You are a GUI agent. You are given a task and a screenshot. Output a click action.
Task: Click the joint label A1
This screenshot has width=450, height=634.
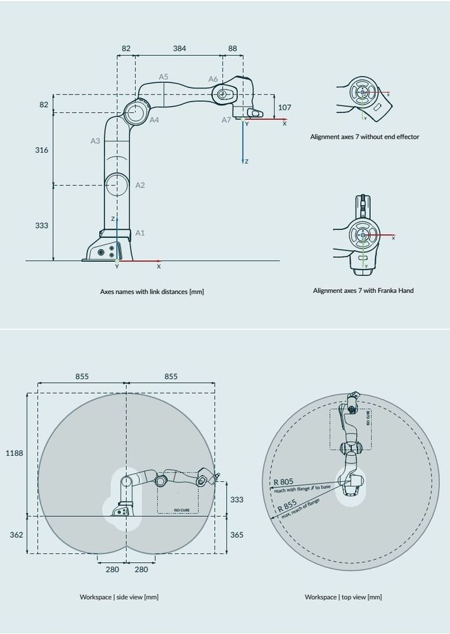tap(140, 233)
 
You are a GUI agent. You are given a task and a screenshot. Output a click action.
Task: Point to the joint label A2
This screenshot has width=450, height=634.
tap(140, 185)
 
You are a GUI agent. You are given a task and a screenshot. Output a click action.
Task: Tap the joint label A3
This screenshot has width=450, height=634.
tap(95, 141)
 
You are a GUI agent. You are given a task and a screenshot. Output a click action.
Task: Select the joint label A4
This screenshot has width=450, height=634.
tap(154, 119)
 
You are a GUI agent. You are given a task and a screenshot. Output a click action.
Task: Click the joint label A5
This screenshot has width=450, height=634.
tap(164, 77)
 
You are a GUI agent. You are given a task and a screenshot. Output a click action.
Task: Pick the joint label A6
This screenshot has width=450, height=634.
tap(213, 79)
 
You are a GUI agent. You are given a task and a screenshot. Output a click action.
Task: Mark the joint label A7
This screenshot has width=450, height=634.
tap(226, 120)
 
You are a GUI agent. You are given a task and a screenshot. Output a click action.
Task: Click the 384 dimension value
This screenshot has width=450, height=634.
tap(179, 48)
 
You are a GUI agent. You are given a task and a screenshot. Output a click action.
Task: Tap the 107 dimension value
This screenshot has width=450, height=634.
tap(285, 107)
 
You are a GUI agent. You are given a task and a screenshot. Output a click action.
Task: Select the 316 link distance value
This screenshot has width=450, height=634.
tap(41, 150)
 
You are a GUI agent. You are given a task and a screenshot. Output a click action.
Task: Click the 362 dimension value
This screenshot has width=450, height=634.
tap(16, 534)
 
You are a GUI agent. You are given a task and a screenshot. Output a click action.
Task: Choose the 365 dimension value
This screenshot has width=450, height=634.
tap(236, 535)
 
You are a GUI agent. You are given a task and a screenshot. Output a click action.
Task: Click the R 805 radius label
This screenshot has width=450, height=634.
tap(283, 481)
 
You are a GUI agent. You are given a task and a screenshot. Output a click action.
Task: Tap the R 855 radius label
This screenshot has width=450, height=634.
tap(286, 505)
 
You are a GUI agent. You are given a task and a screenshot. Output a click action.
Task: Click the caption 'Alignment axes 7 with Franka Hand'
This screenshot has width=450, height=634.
tap(363, 290)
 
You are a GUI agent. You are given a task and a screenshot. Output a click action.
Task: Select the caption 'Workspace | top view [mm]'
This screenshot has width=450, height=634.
tap(343, 597)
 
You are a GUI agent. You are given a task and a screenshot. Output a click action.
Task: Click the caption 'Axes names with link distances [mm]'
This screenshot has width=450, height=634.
tap(152, 292)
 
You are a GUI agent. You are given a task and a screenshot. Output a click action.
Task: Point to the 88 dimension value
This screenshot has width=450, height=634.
tap(233, 48)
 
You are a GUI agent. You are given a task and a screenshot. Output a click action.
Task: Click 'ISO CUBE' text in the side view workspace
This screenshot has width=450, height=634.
tap(182, 509)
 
